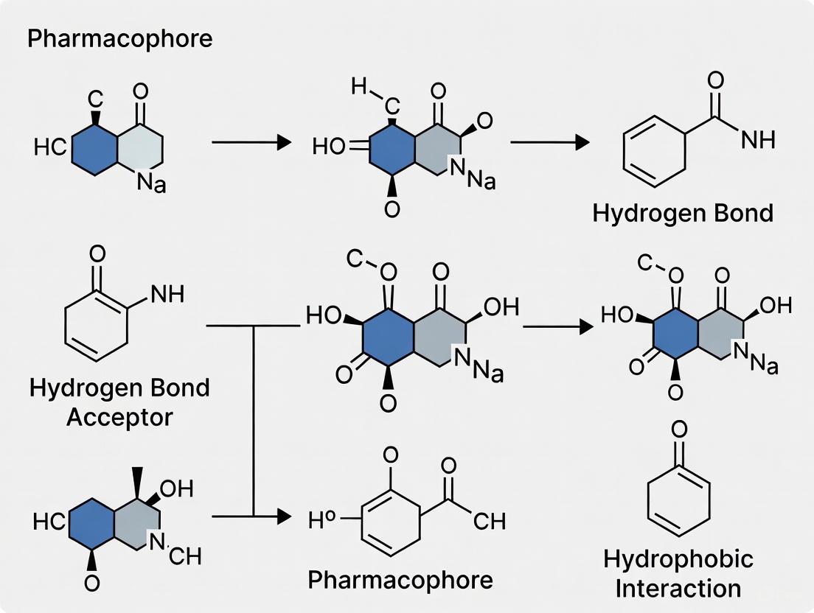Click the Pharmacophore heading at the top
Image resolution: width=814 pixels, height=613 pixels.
click(119, 38)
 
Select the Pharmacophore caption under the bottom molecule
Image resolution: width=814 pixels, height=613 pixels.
click(400, 580)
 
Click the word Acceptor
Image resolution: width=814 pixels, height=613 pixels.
click(119, 417)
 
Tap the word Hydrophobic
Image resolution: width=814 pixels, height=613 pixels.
click(678, 559)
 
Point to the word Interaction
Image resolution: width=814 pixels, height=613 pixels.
click(678, 589)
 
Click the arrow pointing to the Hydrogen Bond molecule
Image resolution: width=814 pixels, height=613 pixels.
click(550, 142)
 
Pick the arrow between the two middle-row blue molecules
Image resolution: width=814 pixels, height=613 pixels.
click(557, 326)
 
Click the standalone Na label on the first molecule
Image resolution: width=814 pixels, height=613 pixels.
click(152, 183)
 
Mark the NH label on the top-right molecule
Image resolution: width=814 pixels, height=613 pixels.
click(757, 140)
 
